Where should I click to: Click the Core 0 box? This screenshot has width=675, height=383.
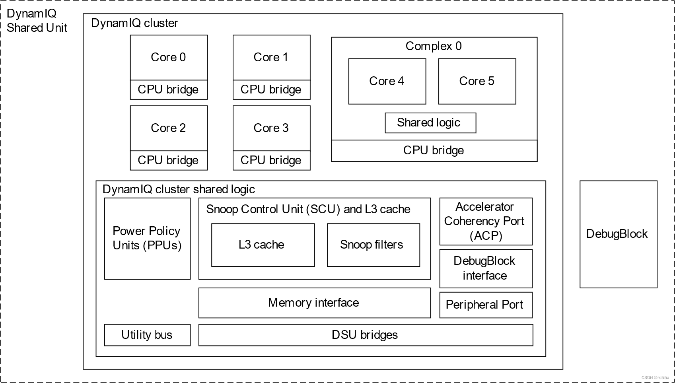(169, 58)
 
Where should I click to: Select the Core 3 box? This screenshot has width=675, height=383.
(271, 128)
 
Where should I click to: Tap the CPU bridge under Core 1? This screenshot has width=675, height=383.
(271, 90)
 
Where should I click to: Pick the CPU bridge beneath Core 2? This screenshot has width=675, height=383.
(169, 160)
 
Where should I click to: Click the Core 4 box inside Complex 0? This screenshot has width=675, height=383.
(387, 82)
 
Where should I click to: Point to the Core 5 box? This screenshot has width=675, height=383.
(477, 82)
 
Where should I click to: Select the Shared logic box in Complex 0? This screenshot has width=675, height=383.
(430, 123)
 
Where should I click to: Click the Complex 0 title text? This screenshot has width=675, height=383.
(434, 46)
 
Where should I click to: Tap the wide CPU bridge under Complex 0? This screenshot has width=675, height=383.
(434, 151)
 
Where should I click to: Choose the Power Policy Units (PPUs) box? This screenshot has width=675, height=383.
(147, 239)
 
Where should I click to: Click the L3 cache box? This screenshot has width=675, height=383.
(263, 245)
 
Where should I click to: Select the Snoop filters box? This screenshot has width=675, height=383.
(373, 245)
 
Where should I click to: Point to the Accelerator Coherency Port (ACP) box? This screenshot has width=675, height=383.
(485, 221)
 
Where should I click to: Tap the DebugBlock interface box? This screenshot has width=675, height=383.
(485, 268)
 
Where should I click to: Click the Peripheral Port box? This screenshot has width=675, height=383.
(485, 305)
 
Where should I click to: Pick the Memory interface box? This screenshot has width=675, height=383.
(314, 303)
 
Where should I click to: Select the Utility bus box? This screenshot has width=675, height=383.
(147, 335)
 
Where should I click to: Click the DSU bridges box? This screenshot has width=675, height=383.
(365, 335)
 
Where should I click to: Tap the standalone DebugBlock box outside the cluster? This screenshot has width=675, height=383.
(618, 234)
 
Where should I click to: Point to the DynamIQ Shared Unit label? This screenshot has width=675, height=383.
(37, 21)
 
